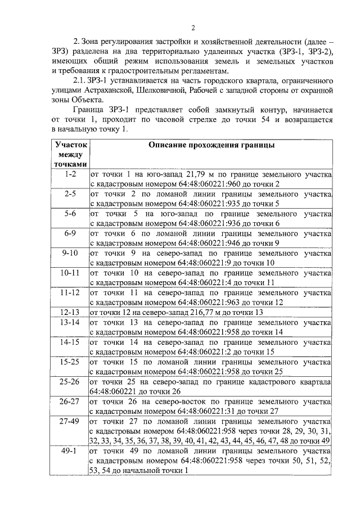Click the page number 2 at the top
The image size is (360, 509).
192,29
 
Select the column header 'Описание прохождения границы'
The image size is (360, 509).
211,145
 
